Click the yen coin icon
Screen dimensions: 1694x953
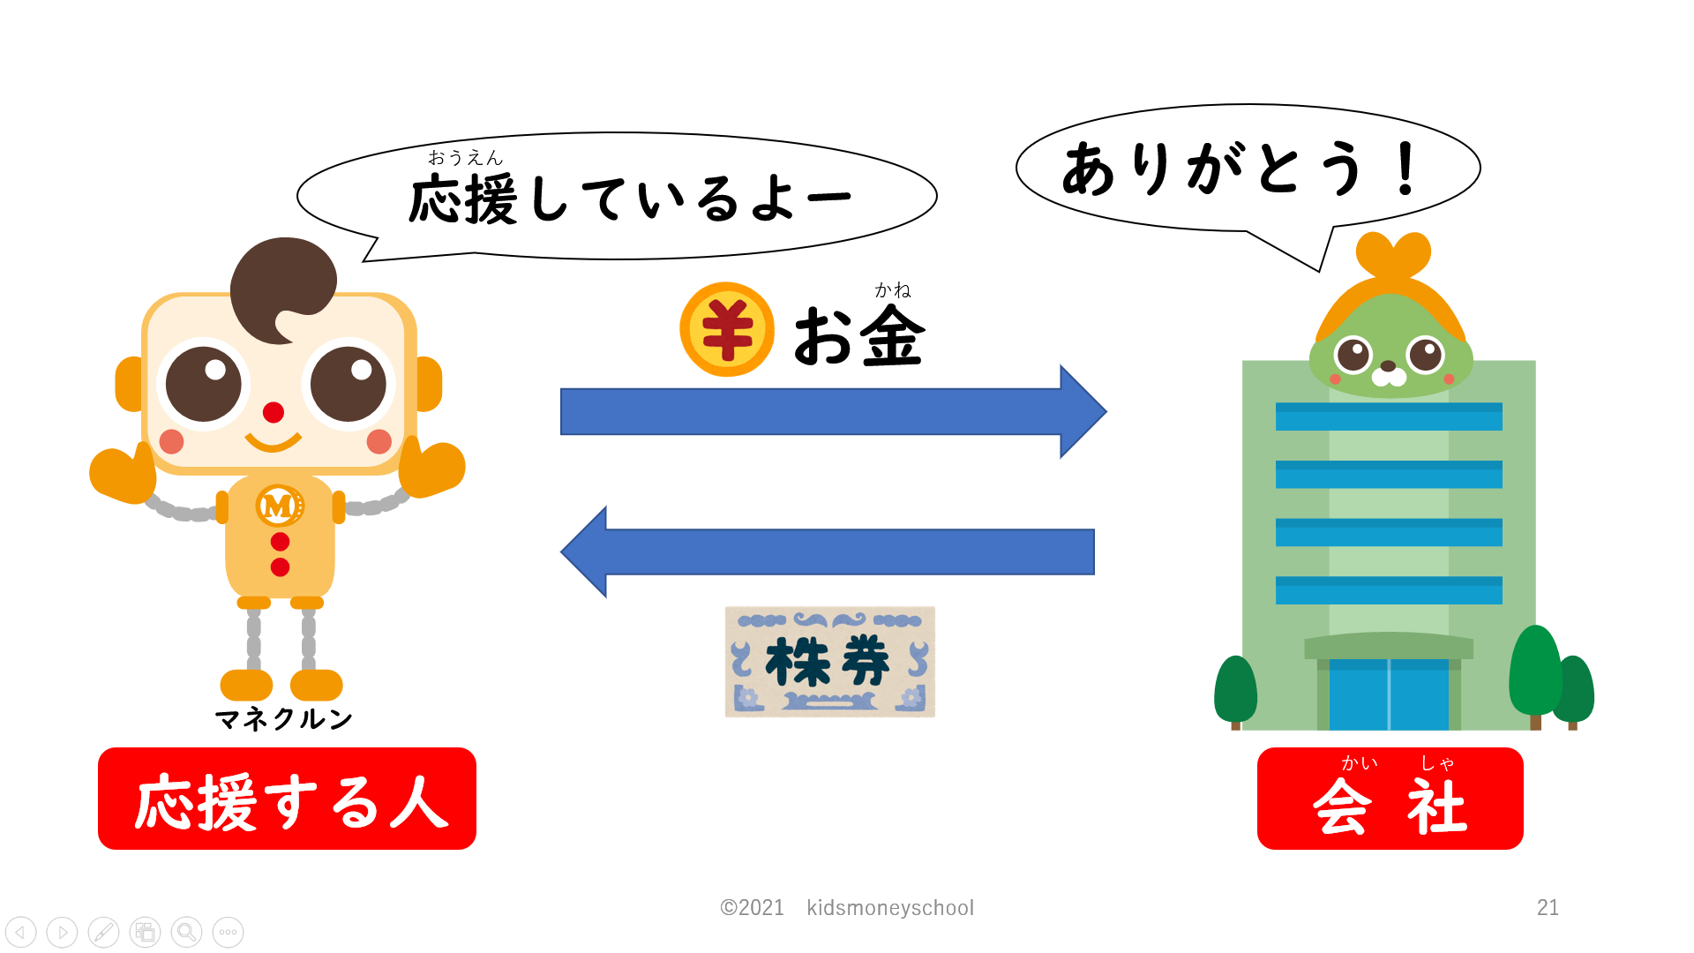pyautogui.click(x=726, y=329)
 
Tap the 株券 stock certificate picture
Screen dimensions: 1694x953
pyautogui.click(x=829, y=662)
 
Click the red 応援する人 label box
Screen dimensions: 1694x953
pyautogui.click(x=287, y=799)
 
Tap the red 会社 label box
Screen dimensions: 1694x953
pyautogui.click(x=1390, y=799)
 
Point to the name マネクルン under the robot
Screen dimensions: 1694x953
pyautogui.click(x=283, y=719)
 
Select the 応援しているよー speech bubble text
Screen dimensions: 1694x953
pyautogui.click(x=629, y=199)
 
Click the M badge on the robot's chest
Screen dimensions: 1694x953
pyautogui.click(x=279, y=506)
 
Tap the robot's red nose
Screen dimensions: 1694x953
pyautogui.click(x=274, y=412)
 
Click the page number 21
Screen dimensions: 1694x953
pyautogui.click(x=1548, y=907)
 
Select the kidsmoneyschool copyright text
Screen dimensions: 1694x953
pyautogui.click(x=847, y=907)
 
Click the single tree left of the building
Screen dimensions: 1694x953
pyautogui.click(x=1235, y=690)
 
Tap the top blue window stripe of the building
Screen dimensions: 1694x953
pyautogui.click(x=1389, y=416)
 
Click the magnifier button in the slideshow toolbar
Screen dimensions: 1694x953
pyautogui.click(x=186, y=932)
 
